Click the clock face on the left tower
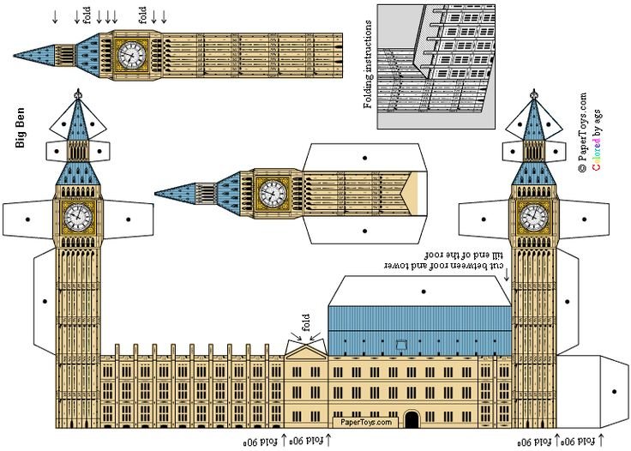pos(77,217)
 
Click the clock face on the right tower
pos(532,217)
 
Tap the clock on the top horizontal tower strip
pos(131,54)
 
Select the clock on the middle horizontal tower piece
pos(273,192)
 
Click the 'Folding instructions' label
pos(369,64)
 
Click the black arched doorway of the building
pos(412,419)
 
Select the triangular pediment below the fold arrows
pos(305,349)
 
